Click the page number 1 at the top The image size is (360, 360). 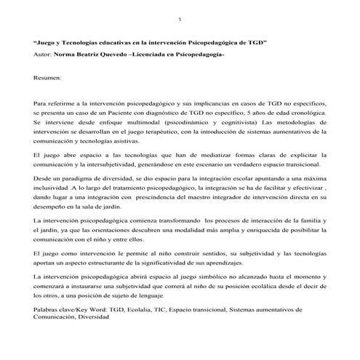(180, 18)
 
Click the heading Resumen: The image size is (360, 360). (48, 77)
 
